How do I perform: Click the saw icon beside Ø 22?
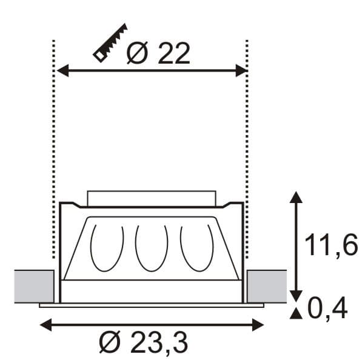pos(110,43)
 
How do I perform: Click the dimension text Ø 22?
pos(158,54)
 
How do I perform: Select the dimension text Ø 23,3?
pos(143,343)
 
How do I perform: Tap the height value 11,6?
pos(330,247)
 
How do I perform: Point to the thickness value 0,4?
pos(327,310)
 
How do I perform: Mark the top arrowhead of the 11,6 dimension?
pos(295,197)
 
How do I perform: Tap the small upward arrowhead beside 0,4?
pos(295,313)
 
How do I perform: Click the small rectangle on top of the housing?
pos(151,198)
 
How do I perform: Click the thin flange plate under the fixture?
pos(151,305)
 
